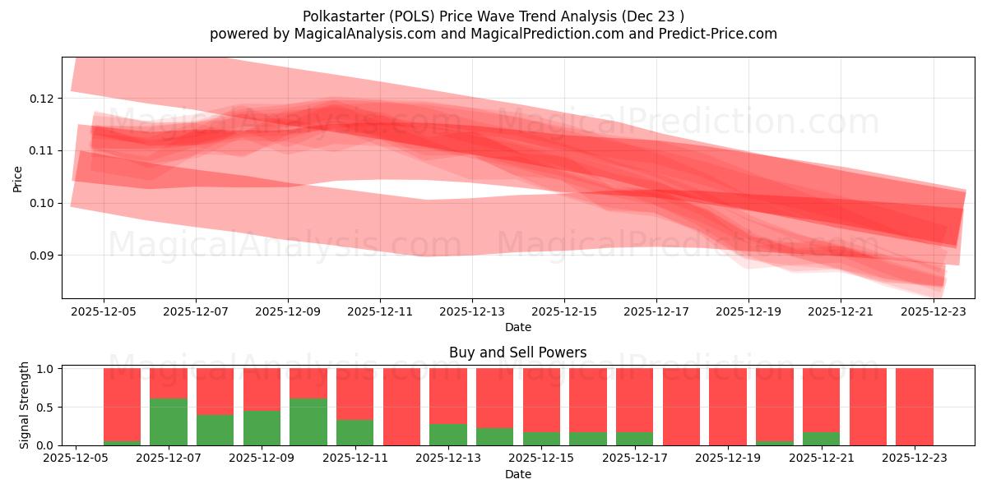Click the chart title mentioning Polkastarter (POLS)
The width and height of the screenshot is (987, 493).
point(493,16)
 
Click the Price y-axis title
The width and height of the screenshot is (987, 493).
point(17,177)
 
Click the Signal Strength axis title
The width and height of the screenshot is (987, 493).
point(25,405)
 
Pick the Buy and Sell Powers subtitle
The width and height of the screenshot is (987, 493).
point(517,352)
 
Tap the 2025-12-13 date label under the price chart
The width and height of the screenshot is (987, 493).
point(471,312)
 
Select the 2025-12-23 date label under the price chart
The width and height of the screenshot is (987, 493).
point(933,312)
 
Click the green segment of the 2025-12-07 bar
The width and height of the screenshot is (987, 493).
point(169,422)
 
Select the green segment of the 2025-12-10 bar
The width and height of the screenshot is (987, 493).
point(308,422)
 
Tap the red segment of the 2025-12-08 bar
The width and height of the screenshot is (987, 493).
point(215,391)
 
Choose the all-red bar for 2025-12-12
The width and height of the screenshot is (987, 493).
point(401,407)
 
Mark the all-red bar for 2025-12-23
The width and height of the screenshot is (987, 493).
point(914,407)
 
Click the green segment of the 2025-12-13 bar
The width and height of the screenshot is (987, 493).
point(448,435)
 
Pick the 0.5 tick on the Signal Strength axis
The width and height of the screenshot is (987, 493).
point(47,408)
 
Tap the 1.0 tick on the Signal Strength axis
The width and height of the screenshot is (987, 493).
point(47,369)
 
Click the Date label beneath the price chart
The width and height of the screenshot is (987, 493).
point(517,327)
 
